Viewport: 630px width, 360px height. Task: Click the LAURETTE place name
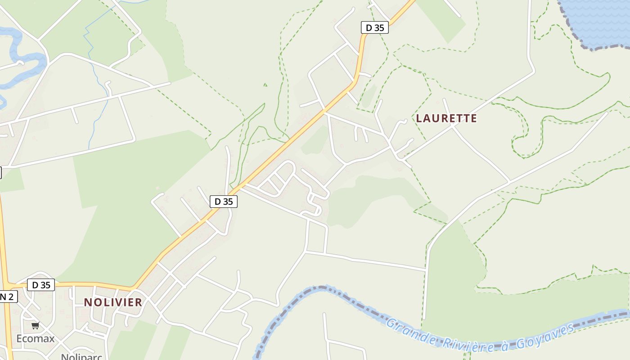[446, 118]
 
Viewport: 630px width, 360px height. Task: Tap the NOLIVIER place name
[113, 302]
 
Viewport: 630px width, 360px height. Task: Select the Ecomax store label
[35, 338]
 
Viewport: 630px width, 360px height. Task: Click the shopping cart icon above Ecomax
[35, 325]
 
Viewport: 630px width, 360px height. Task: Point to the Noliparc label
[81, 356]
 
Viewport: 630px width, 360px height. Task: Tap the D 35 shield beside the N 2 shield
[41, 285]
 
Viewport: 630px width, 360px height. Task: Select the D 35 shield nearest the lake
[375, 27]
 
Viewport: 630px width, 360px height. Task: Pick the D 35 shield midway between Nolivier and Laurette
[224, 201]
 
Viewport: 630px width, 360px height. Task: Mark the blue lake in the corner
[598, 20]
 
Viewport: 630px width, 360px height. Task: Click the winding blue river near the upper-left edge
[27, 58]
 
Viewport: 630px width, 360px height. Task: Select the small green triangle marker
[265, 84]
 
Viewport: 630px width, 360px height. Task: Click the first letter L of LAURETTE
[419, 118]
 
